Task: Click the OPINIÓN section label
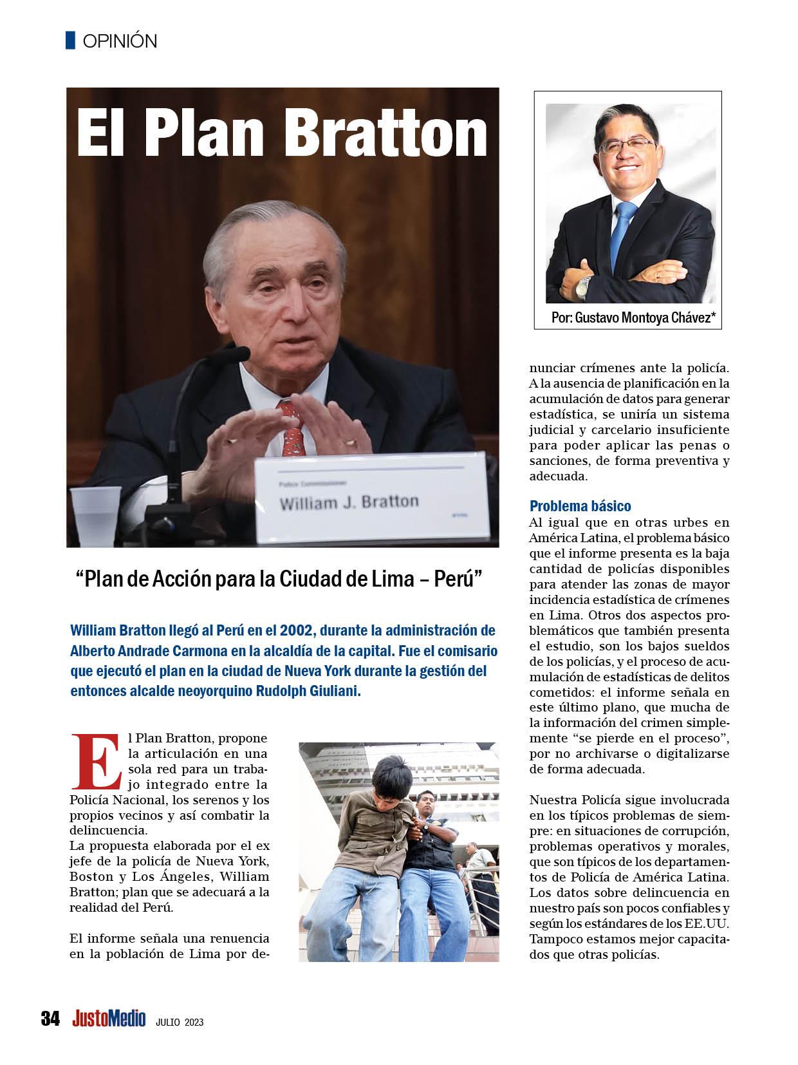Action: click(120, 41)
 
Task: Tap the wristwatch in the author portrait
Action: click(582, 286)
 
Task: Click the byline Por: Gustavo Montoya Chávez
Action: click(633, 317)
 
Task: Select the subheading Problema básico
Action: click(580, 505)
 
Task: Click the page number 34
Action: click(50, 1019)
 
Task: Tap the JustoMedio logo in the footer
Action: click(109, 1019)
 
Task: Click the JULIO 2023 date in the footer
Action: click(180, 1022)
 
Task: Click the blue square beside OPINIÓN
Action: click(71, 41)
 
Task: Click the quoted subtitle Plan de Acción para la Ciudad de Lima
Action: click(279, 579)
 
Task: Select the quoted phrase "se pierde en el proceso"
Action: click(649, 737)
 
